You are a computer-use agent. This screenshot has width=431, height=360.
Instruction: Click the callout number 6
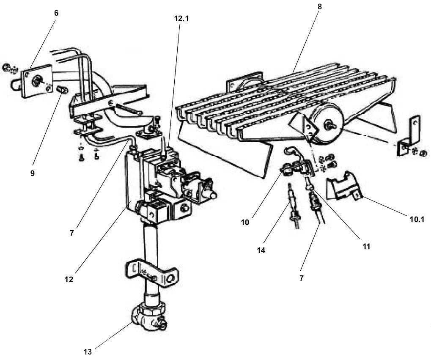click(x=56, y=13)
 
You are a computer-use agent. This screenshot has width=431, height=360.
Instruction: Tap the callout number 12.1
click(x=181, y=19)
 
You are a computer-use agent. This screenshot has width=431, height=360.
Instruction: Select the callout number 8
click(x=319, y=7)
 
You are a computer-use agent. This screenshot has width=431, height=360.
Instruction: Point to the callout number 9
click(x=33, y=173)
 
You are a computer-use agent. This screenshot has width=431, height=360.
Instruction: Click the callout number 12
click(x=69, y=280)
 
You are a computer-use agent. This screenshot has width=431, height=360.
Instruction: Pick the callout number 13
click(x=88, y=352)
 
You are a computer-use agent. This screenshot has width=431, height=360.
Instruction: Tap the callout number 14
click(x=261, y=250)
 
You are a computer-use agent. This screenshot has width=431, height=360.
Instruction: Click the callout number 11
click(x=366, y=247)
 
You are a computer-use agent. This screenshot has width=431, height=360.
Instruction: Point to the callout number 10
click(x=244, y=222)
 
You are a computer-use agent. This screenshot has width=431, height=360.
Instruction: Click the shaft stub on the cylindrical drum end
click(x=329, y=124)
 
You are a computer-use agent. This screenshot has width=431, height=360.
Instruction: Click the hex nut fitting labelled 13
click(x=148, y=316)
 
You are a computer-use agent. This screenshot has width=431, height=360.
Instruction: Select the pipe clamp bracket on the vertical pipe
click(x=152, y=273)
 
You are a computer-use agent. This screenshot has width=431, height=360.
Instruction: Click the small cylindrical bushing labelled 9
click(x=63, y=89)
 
